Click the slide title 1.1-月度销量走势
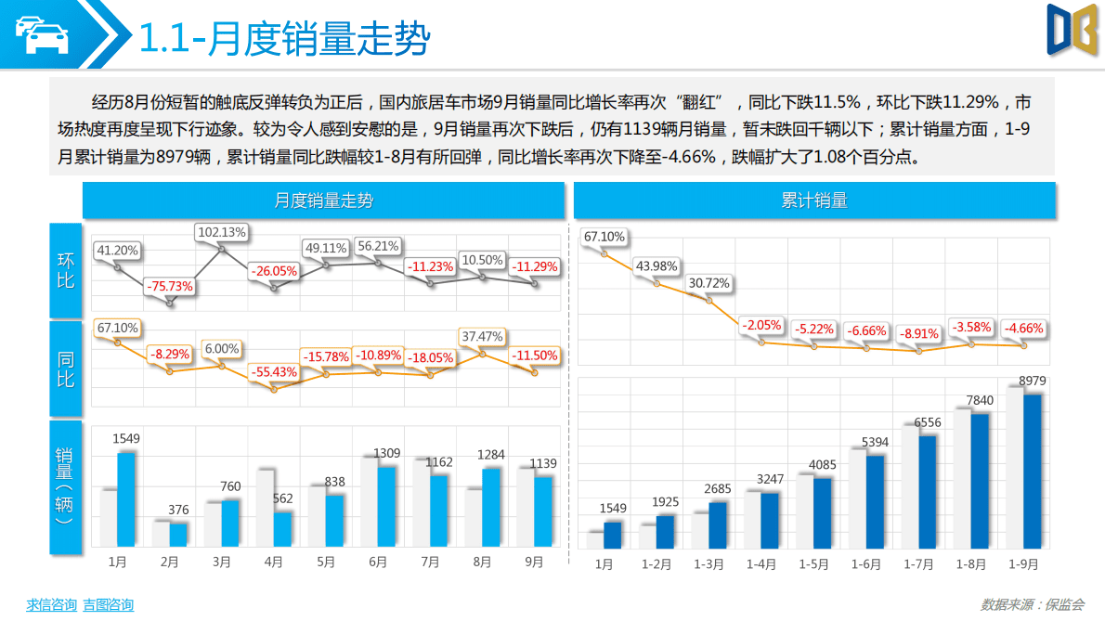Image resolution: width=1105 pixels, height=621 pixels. (283, 39)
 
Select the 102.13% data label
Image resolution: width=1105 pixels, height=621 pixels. (221, 232)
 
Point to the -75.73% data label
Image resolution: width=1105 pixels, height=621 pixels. (169, 287)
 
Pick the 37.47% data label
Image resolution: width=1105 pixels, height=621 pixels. (482, 336)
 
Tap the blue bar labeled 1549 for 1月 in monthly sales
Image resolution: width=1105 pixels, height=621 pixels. (126, 498)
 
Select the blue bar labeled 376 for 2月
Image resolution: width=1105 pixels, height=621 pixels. (178, 534)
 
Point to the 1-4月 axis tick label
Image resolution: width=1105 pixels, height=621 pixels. (761, 563)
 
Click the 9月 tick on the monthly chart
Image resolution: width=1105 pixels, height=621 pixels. (534, 562)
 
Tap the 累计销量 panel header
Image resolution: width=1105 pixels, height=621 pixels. (814, 201)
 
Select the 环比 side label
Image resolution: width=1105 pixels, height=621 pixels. (65, 270)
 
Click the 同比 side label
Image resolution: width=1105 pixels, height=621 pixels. (65, 369)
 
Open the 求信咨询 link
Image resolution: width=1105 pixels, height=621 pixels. (51, 605)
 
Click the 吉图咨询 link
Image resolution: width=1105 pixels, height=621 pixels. (108, 605)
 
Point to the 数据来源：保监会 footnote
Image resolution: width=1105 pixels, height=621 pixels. (1032, 604)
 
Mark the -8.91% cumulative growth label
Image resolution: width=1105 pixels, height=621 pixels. (918, 332)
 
